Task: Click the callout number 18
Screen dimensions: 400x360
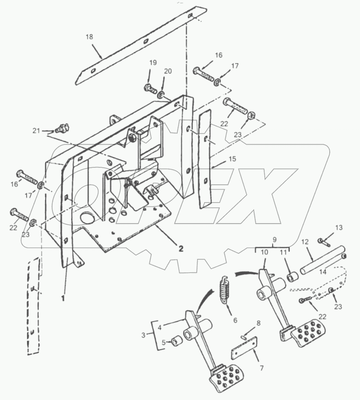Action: coord(89,37)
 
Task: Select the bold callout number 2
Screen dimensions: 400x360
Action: coord(181,249)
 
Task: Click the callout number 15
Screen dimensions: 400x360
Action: coord(232,159)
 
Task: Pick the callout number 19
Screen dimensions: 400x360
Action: coord(153,63)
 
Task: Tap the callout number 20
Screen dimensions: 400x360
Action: coord(168,71)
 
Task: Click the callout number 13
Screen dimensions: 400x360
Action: coord(339,228)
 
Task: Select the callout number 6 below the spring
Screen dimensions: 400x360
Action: coord(235,320)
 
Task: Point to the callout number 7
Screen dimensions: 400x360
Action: coord(261,368)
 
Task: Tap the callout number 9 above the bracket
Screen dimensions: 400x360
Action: coord(274,240)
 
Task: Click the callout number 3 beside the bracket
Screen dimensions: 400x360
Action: coord(143,335)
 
